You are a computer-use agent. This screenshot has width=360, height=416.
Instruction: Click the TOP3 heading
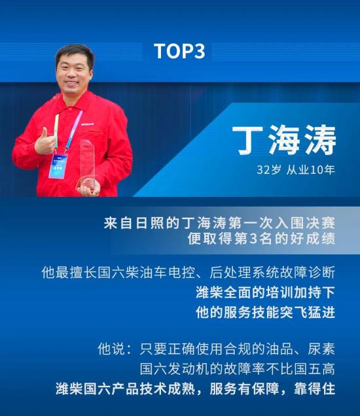[179, 51]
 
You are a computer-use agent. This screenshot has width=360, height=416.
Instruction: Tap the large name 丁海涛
[284, 140]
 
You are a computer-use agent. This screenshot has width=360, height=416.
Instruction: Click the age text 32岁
[268, 170]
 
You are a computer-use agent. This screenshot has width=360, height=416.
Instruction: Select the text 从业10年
[310, 170]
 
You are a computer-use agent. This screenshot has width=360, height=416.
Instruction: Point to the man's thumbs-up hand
[46, 141]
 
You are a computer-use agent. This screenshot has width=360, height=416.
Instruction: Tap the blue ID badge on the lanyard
[58, 165]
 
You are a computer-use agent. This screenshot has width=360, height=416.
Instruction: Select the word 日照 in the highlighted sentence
[143, 223]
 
